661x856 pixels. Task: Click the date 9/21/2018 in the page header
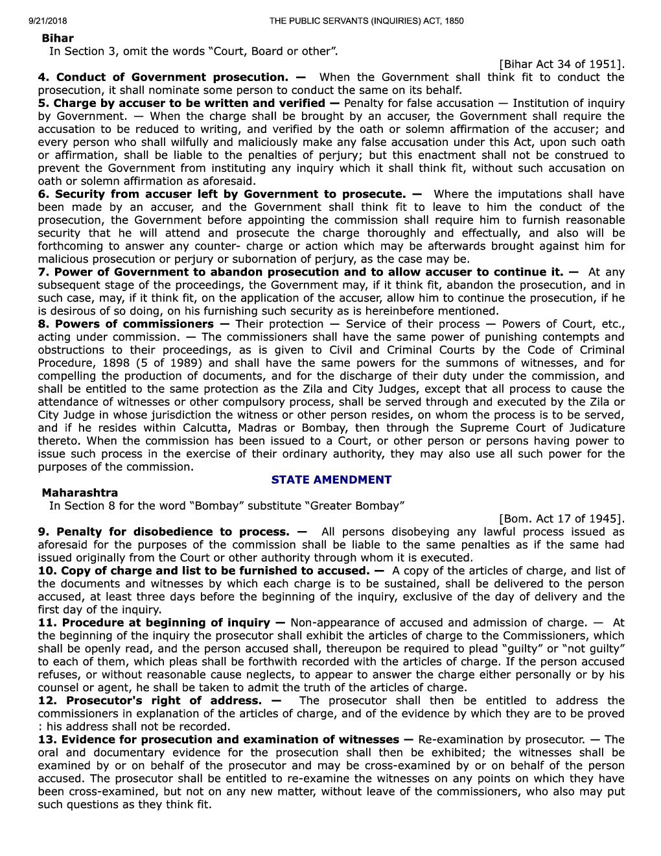[x=48, y=21]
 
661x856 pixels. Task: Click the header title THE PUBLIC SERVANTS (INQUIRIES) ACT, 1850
[x=366, y=21]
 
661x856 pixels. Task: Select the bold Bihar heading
[x=58, y=38]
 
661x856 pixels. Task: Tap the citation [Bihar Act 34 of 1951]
[x=561, y=64]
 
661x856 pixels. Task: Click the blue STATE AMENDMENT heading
[x=331, y=480]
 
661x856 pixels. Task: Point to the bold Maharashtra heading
[x=80, y=493]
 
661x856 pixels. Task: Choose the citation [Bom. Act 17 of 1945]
[x=561, y=519]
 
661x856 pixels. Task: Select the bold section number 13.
[x=47, y=739]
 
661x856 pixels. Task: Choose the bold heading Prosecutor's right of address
[x=164, y=700]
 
